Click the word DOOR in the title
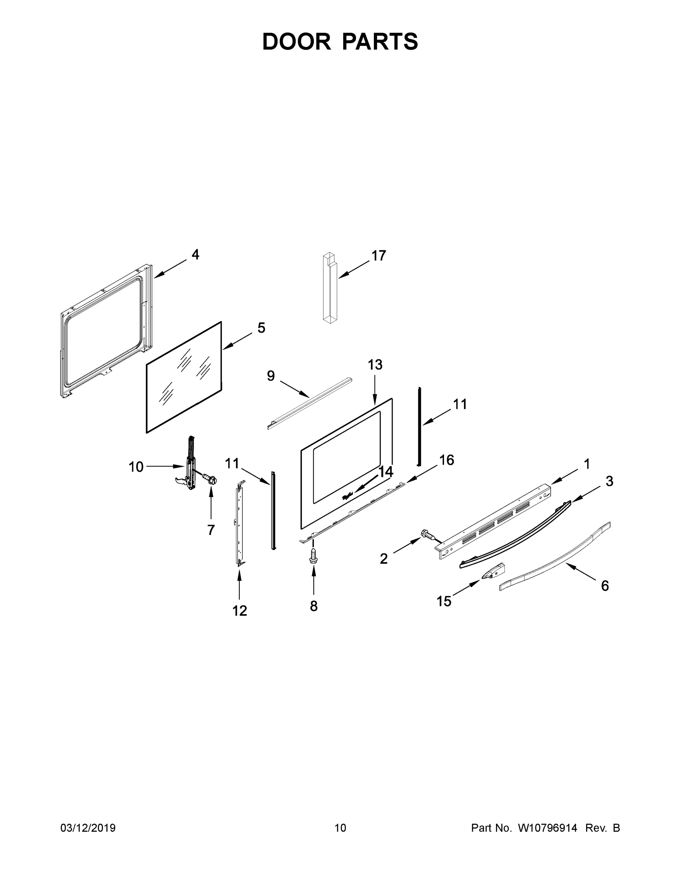[x=297, y=41]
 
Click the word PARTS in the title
[x=380, y=41]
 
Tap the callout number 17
[x=378, y=256]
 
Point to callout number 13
[x=375, y=365]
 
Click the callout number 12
[x=240, y=611]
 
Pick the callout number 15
[x=444, y=601]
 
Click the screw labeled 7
[x=210, y=480]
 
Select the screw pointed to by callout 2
[x=428, y=535]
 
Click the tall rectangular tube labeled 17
[x=330, y=288]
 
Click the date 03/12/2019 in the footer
[x=88, y=828]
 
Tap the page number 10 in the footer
[x=340, y=828]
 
